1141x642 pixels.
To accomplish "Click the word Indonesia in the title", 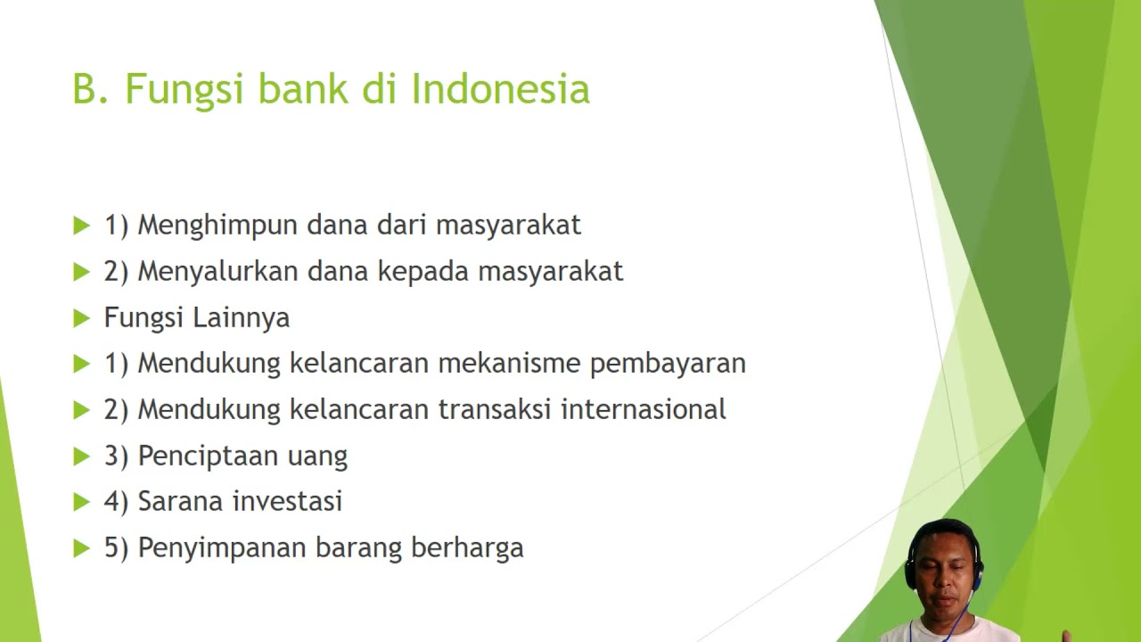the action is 500,88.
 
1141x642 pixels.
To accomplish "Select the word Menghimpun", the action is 218,226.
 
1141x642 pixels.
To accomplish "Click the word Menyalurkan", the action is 218,271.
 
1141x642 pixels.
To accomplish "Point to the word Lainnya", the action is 241,318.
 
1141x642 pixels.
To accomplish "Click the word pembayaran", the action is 668,364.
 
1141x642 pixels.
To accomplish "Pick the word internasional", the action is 644,409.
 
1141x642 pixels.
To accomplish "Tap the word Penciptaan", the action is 208,456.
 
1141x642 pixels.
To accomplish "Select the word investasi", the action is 287,501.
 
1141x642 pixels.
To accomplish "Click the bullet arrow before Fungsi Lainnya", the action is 81,318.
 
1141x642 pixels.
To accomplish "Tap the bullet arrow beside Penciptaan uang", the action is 81,457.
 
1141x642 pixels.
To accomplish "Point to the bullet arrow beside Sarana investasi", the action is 81,502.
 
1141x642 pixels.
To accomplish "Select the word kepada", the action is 423,272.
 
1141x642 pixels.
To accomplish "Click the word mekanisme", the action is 509,363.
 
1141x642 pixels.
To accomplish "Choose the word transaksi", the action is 495,409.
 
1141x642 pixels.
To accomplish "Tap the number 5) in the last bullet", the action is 116,548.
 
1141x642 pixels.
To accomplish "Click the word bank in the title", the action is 303,88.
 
